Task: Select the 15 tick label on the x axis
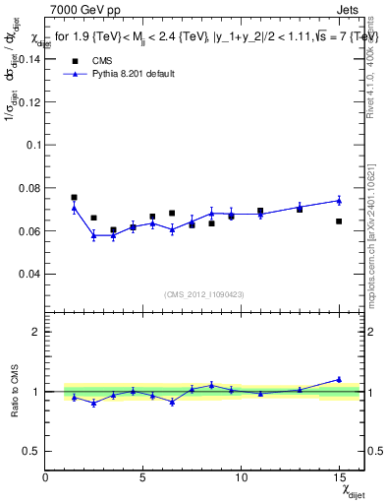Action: (339, 477)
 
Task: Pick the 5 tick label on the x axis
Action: (143, 477)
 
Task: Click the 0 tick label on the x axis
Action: (46, 477)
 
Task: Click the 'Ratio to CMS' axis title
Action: (13, 391)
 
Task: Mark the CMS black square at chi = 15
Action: (339, 221)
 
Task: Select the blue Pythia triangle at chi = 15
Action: (339, 200)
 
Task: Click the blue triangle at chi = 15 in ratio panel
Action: (339, 379)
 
